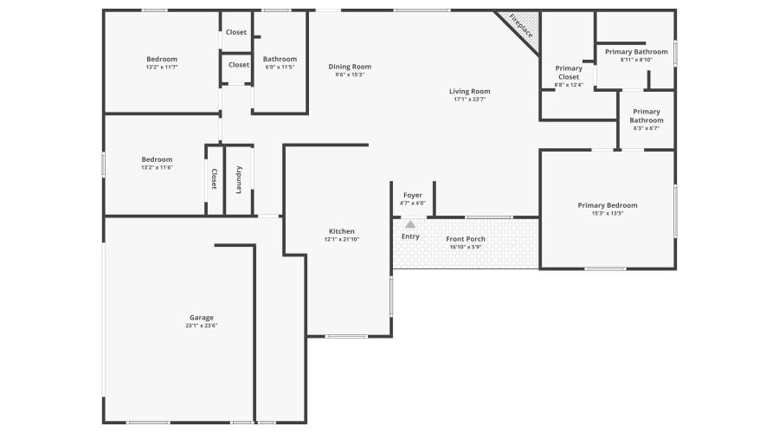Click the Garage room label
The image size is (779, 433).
coord(201,318)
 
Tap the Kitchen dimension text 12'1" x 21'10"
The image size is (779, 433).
coord(342,239)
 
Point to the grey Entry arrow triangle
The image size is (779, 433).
coord(410,224)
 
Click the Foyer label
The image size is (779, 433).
coord(413,196)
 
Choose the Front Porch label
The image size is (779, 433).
coord(466,239)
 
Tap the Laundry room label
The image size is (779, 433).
coord(239,180)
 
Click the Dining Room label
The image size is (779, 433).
coord(350,67)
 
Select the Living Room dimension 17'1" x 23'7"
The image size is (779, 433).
coord(469,100)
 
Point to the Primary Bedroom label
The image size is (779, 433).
coord(608,205)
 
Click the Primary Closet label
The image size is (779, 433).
coord(569,73)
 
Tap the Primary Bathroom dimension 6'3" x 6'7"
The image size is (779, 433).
coord(647,128)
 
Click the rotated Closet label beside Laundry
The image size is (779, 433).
coord(214,179)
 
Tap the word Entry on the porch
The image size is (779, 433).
coord(410,236)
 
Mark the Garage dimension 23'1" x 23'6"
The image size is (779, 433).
coord(202,326)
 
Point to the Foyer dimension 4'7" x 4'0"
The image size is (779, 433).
coord(413,204)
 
